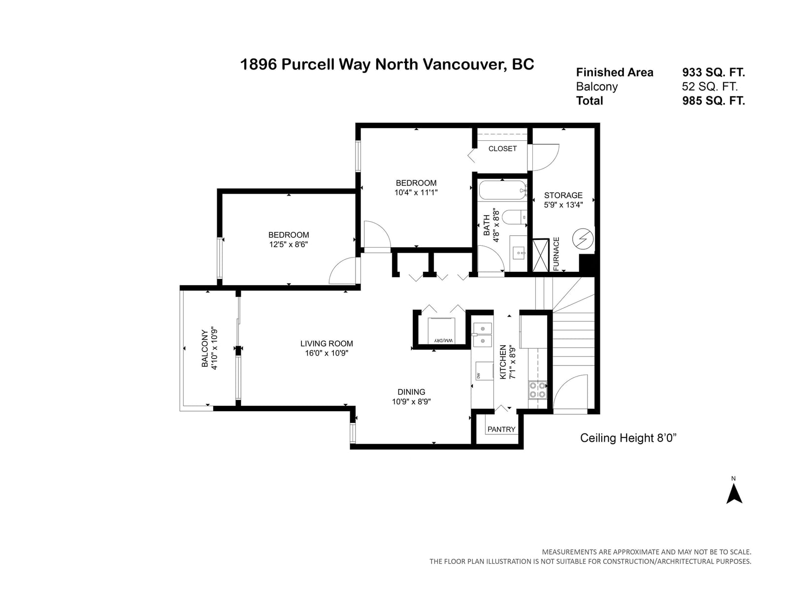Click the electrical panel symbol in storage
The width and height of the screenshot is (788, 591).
pos(583,239)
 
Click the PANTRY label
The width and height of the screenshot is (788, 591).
pos(501,429)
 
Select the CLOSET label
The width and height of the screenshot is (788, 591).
pos(502,149)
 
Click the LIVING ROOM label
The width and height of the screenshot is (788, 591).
pos(327,343)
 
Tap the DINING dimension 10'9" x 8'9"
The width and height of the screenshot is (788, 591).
pos(411,401)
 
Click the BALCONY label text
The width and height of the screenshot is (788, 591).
pos(204,348)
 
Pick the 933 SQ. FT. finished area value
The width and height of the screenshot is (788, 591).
pos(713,72)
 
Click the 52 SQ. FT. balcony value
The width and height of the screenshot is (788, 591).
pos(710,87)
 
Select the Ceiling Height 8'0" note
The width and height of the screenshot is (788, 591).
pos(628,438)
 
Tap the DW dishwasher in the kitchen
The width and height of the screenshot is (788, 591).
pos(484,371)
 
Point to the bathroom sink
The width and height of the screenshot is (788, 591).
pos(518,253)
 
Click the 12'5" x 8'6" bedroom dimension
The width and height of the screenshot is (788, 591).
pos(289,244)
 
